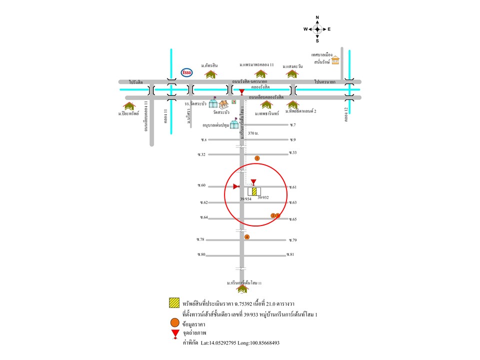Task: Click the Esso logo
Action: tap(186, 72)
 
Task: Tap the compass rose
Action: tap(317, 29)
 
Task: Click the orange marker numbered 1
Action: tap(257, 158)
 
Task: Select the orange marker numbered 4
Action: tap(246, 236)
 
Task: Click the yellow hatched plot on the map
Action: tap(254, 191)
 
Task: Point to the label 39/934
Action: tap(245, 199)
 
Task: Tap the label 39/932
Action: tap(263, 198)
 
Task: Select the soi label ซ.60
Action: tap(202, 185)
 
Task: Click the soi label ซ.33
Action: tap(292, 152)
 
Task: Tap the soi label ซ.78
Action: tap(201, 239)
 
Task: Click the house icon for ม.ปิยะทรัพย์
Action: tap(129, 106)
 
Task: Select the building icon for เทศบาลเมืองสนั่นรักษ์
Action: tap(334, 60)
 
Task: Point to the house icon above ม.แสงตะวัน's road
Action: tap(291, 74)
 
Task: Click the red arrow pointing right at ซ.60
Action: tap(236, 186)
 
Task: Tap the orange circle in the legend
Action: tap(174, 322)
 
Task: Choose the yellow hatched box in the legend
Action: tap(174, 302)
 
